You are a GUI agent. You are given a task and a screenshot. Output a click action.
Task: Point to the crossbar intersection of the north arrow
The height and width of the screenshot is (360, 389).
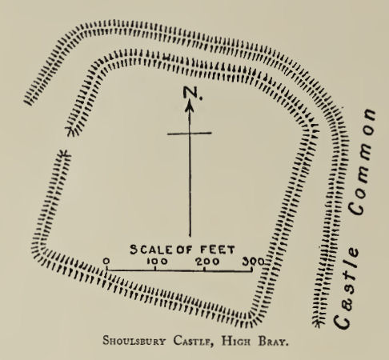point(190,134)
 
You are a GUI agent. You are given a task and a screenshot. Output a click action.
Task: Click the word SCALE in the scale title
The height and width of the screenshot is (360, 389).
point(149,250)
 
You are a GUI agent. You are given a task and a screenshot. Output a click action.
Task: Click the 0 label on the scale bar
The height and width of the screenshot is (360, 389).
point(106,262)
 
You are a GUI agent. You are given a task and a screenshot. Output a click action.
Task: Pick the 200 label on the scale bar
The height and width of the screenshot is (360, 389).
point(206,262)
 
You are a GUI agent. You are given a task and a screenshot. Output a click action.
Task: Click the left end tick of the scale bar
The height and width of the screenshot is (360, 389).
point(107,271)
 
